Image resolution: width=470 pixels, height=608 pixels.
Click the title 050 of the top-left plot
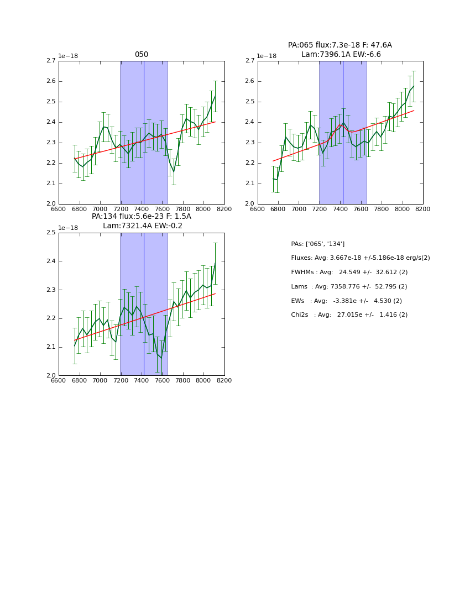[142, 55]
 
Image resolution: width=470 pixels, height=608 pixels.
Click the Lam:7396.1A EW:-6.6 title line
[341, 55]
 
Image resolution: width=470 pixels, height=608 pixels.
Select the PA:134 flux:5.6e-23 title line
[142, 217]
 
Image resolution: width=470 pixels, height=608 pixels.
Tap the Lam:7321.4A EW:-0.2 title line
[142, 226]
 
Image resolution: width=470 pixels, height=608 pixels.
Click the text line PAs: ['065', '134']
[317, 244]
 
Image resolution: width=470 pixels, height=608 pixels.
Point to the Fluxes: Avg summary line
[360, 258]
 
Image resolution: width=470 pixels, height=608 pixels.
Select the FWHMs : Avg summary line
[349, 272]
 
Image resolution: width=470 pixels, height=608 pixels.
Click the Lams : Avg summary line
[349, 287]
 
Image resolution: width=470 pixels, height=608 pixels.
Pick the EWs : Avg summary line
[346, 301]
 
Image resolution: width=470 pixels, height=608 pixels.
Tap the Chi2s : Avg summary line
[349, 315]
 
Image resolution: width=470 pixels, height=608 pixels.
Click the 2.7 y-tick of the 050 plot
[50, 61]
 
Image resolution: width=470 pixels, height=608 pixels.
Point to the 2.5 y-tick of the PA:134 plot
[50, 233]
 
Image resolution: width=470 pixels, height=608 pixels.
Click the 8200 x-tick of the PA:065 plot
[422, 209]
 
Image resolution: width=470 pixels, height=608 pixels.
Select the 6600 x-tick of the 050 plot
[59, 209]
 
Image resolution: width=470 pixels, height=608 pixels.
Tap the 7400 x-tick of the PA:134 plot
[142, 381]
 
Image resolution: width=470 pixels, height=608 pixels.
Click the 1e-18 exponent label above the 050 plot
[69, 56]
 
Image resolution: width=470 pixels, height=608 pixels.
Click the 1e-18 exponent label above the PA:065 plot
[268, 56]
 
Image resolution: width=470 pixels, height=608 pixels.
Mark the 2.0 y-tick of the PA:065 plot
[249, 204]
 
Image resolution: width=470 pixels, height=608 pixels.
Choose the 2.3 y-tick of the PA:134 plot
[50, 290]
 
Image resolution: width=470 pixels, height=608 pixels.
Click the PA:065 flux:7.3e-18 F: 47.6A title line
[340, 45]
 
